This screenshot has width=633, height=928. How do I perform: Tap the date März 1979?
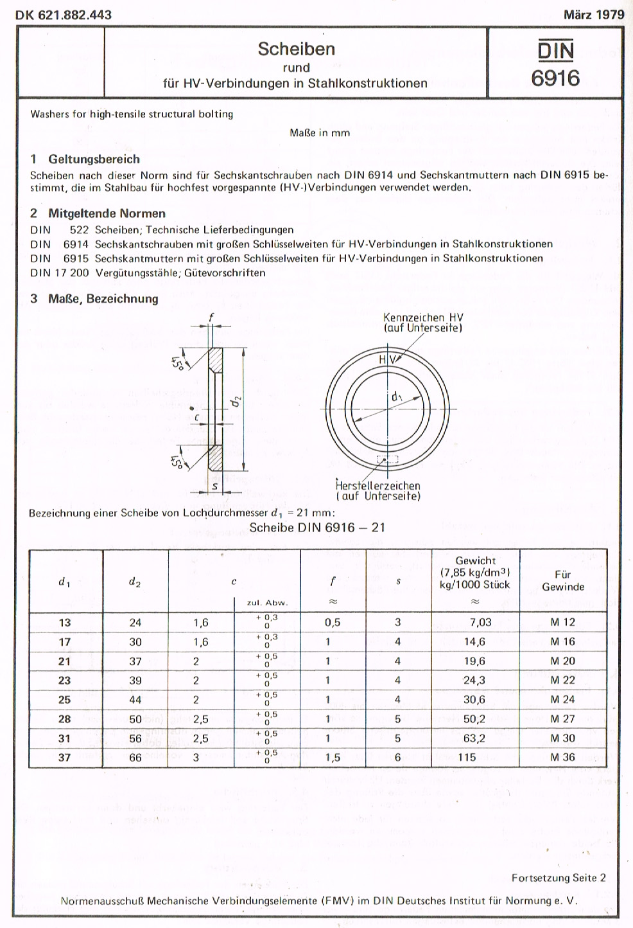tap(593, 15)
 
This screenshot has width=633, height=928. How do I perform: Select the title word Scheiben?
tap(296, 49)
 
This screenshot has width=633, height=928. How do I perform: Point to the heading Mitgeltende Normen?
tap(107, 213)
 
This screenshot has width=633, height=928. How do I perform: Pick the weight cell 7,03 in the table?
tap(480, 622)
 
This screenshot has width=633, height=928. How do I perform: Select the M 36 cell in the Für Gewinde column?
tap(562, 757)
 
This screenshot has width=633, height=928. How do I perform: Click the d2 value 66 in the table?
tap(135, 757)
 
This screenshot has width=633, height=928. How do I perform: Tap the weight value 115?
tap(467, 757)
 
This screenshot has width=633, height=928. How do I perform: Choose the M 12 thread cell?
tap(562, 622)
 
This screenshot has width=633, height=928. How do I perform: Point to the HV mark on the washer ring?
tap(387, 360)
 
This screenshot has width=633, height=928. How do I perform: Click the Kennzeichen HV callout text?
tap(423, 323)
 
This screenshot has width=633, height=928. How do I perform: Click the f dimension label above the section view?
tap(211, 316)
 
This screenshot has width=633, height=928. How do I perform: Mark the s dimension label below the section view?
tap(214, 486)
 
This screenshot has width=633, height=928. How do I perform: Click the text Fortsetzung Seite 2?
tap(559, 878)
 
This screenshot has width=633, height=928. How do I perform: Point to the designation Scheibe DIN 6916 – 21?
tap(317, 528)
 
